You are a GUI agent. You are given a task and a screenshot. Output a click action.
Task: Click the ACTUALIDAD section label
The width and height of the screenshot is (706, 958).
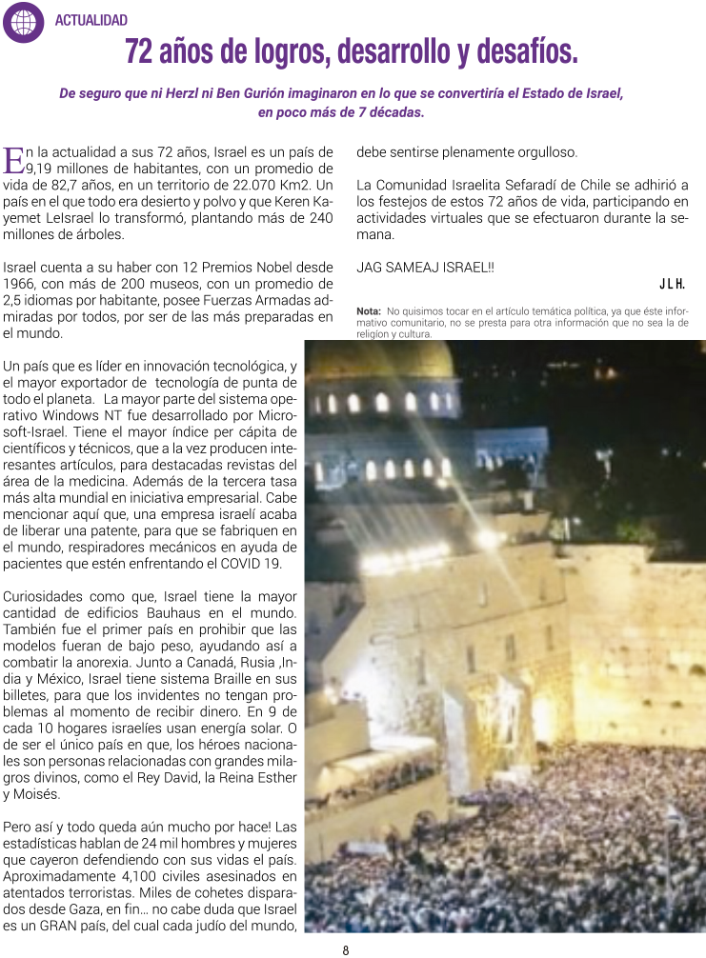pyautogui.click(x=91, y=20)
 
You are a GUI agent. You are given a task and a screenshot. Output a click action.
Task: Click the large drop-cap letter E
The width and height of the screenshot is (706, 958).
pyautogui.click(x=13, y=159)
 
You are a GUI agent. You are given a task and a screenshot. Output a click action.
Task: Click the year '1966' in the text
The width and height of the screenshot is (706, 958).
pyautogui.click(x=24, y=283)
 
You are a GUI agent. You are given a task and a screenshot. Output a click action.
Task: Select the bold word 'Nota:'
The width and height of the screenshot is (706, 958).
pyautogui.click(x=369, y=310)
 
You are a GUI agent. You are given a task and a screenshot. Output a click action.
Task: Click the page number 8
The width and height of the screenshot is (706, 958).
pyautogui.click(x=346, y=949)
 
